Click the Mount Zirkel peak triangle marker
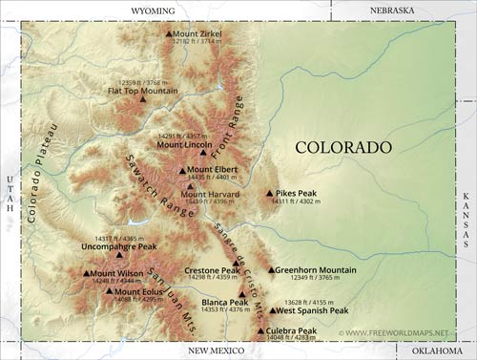click(x=169, y=33)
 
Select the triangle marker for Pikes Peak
click(x=269, y=192)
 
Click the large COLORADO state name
click(x=342, y=147)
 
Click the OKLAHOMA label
click(x=437, y=351)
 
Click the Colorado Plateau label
click(x=43, y=172)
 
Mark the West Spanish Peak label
click(x=311, y=310)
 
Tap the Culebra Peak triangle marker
click(x=261, y=331)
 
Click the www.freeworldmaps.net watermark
click(x=393, y=332)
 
